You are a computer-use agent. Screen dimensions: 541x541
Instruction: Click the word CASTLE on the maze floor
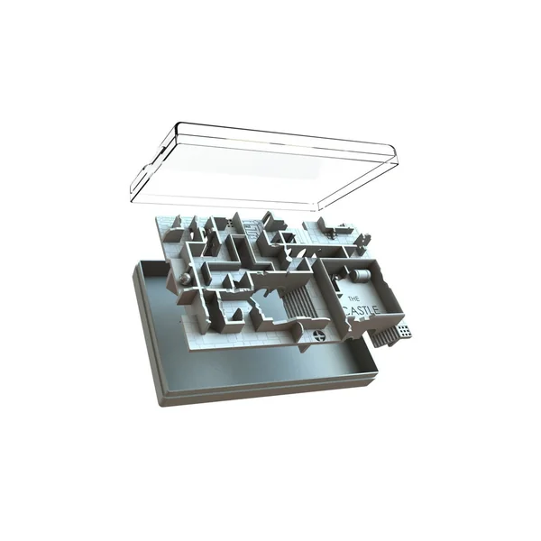click(x=362, y=311)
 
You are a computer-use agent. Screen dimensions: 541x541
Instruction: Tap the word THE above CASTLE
click(x=353, y=298)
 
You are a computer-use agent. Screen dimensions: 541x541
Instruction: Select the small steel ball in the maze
click(x=185, y=278)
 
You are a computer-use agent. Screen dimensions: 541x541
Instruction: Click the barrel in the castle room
click(x=361, y=275)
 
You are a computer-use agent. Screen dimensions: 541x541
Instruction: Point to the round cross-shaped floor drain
click(x=319, y=335)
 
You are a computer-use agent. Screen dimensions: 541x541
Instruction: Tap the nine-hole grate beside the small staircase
click(x=404, y=332)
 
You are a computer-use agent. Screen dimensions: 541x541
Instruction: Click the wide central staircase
click(x=299, y=302)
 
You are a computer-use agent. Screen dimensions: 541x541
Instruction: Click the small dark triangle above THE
click(x=340, y=297)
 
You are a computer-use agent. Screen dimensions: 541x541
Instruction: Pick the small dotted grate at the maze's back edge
click(x=230, y=224)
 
